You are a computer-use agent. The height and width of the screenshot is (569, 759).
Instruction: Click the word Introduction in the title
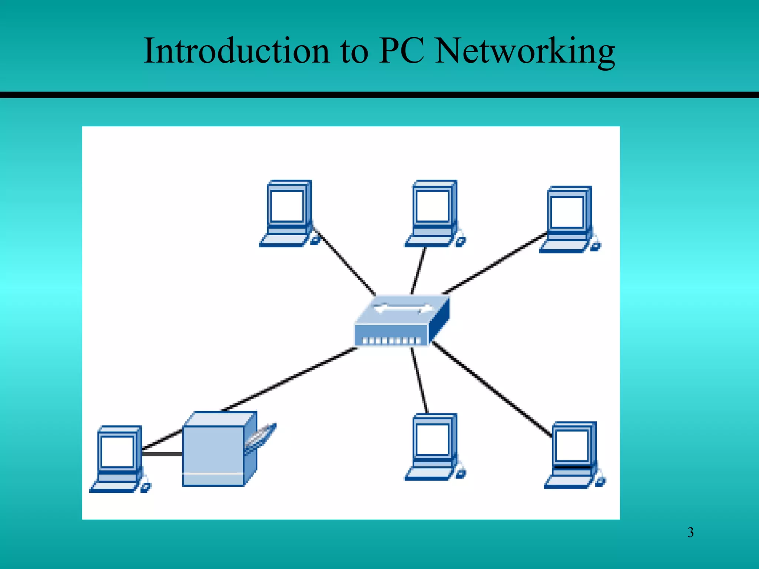[x=236, y=51]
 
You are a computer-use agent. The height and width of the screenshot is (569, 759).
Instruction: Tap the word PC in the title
[x=401, y=51]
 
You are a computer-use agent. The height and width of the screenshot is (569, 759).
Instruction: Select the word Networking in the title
[x=524, y=51]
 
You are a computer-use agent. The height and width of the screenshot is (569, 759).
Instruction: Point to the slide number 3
[x=690, y=533]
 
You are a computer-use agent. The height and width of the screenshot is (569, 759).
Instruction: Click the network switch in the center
[x=402, y=321]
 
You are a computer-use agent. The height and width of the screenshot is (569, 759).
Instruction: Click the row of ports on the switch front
[x=391, y=340]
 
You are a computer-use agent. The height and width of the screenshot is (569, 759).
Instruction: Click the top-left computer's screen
[x=287, y=206]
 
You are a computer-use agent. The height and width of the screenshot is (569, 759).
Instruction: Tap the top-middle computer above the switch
[x=433, y=213]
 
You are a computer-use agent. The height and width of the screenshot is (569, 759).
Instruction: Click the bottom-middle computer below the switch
[x=433, y=447]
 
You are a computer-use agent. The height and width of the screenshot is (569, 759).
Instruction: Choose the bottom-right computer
[x=573, y=455]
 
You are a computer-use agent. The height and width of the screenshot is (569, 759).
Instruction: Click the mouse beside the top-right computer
[x=596, y=246]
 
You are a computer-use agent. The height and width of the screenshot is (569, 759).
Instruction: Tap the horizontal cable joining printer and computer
[x=162, y=453]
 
